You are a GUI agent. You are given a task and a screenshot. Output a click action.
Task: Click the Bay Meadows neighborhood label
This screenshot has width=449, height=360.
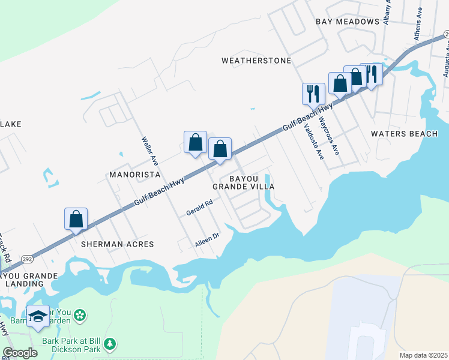point(348,22)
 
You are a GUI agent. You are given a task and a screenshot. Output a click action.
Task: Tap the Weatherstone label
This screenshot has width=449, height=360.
point(256,61)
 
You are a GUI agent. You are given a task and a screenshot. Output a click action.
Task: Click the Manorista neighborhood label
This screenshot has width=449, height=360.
point(133,175)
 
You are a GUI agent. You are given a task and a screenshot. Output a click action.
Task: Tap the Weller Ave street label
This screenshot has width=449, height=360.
point(149,151)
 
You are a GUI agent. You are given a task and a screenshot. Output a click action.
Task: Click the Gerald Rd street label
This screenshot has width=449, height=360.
point(199,208)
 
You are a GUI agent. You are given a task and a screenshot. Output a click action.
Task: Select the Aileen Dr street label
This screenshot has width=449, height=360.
point(207,239)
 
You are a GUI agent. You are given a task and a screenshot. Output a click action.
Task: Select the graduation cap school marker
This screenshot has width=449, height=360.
point(38,316)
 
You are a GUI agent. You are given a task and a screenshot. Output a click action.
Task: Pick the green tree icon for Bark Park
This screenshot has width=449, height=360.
point(109,344)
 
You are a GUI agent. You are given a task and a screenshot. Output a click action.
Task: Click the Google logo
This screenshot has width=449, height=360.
point(20,353)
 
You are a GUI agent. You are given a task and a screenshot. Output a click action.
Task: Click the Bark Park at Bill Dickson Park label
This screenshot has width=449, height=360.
point(67,344)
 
